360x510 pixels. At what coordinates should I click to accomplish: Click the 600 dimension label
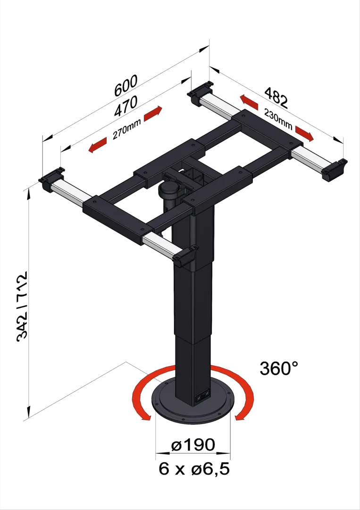[126, 86]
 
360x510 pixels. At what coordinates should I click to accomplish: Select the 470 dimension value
[126, 106]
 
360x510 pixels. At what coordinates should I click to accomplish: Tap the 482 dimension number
[276, 97]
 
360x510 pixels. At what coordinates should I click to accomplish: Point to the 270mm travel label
[127, 129]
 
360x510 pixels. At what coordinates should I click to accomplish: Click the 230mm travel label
[278, 119]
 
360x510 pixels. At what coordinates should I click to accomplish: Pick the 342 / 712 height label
[22, 306]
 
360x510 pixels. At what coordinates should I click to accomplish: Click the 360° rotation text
[279, 368]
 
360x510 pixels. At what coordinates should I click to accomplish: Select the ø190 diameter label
[193, 445]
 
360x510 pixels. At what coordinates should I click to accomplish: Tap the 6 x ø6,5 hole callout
[194, 469]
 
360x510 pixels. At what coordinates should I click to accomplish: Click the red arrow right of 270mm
[153, 113]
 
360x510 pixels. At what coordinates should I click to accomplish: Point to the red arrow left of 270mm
[98, 145]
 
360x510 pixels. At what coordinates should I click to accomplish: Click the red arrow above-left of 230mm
[249, 102]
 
